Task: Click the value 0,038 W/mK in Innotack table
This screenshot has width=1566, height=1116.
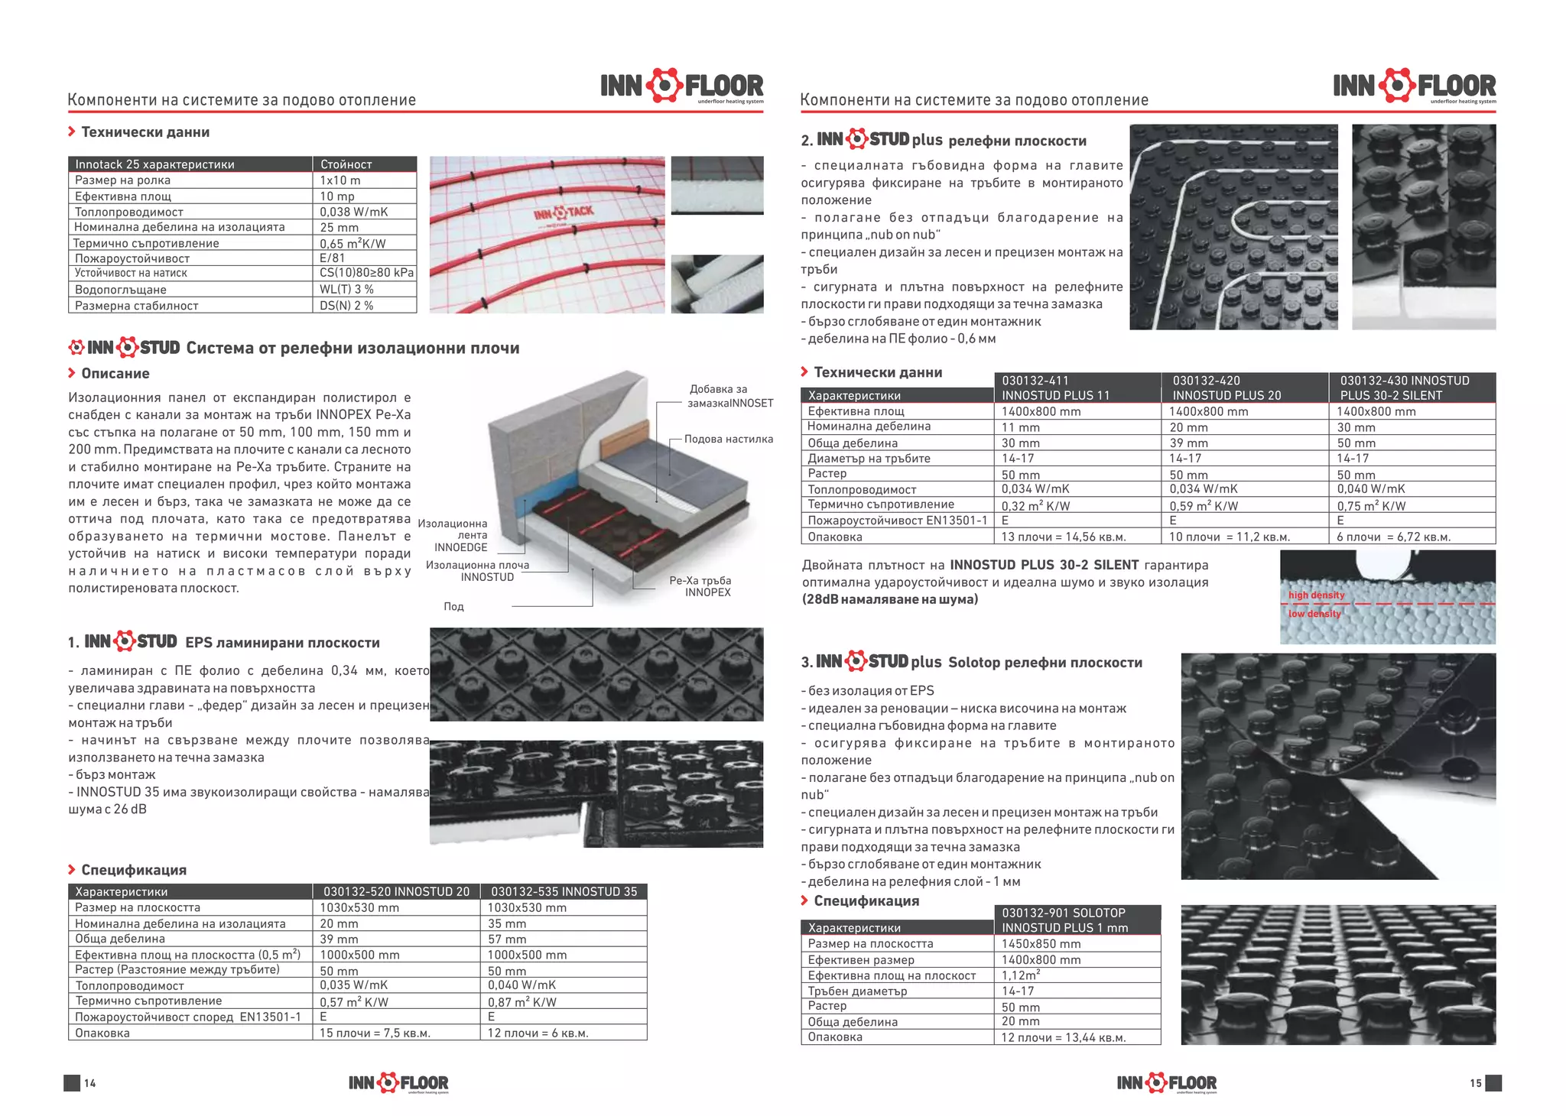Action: pyautogui.click(x=353, y=212)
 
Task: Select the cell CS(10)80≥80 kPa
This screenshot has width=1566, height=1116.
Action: pyautogui.click(x=366, y=273)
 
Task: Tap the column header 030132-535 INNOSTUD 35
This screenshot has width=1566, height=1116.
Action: pyautogui.click(x=564, y=891)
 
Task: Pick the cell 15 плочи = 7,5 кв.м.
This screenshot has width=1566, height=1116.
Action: pyautogui.click(x=375, y=1033)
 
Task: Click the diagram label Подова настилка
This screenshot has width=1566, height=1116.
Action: pyautogui.click(x=728, y=439)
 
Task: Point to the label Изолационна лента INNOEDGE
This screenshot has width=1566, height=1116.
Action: pyautogui.click(x=453, y=535)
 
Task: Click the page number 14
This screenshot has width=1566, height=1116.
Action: pyautogui.click(x=90, y=1083)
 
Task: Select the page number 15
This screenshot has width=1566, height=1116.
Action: pyautogui.click(x=1475, y=1083)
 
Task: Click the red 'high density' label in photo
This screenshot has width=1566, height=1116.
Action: pyautogui.click(x=1315, y=595)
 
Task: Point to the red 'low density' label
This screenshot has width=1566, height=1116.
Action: pyautogui.click(x=1314, y=614)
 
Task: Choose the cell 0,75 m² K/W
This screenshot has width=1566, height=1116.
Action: pyautogui.click(x=1371, y=506)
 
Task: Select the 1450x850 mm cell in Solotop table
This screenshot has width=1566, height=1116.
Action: pyautogui.click(x=1041, y=944)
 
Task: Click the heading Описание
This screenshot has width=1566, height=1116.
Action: pyautogui.click(x=115, y=374)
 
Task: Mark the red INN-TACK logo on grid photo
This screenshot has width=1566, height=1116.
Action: pyautogui.click(x=563, y=212)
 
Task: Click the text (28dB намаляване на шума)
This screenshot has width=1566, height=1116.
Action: pyautogui.click(x=889, y=599)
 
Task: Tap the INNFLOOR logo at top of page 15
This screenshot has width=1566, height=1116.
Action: pyautogui.click(x=1414, y=86)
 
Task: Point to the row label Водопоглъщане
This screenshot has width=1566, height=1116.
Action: pyautogui.click(x=120, y=290)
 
